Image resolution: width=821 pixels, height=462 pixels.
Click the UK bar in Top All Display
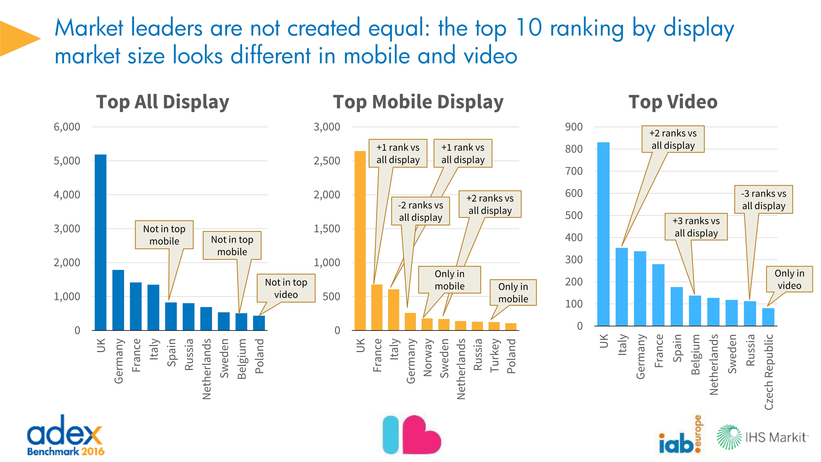click(100, 242)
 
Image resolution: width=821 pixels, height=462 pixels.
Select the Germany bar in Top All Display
click(118, 300)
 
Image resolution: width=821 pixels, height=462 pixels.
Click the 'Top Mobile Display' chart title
click(418, 102)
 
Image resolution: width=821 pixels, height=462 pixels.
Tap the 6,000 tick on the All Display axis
click(67, 127)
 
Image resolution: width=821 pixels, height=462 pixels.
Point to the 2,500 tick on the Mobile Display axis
click(327, 161)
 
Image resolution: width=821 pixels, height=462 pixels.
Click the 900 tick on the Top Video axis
click(574, 127)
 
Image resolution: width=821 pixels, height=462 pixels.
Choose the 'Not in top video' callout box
click(286, 288)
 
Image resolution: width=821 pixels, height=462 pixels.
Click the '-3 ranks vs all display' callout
click(763, 200)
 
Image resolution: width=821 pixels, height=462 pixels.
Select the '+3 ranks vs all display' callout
click(696, 227)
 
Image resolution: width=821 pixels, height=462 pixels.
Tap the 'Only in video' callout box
click(789, 279)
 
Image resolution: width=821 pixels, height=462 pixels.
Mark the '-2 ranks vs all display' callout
click(420, 211)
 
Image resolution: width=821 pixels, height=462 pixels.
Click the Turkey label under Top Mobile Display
click(494, 355)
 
